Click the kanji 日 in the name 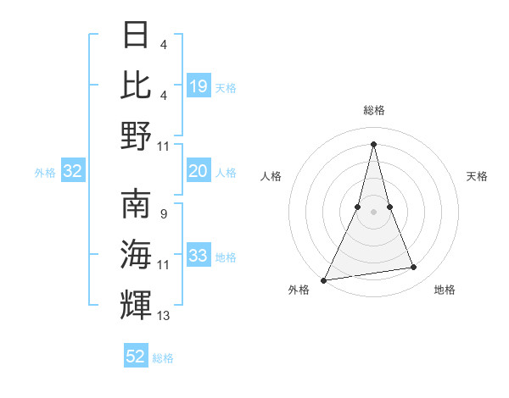click(137, 35)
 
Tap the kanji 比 click(137, 85)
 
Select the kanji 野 click(137, 135)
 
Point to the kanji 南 click(137, 204)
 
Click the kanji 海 click(137, 254)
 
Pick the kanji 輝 click(137, 304)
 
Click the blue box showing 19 click(199, 86)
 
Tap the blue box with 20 click(199, 171)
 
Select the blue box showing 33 click(199, 256)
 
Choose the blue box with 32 click(72, 171)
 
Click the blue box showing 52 click(136, 357)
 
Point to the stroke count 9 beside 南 click(163, 213)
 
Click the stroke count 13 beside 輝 click(164, 316)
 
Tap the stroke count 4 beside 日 click(163, 44)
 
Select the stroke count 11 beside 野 click(164, 146)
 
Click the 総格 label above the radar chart click(373, 110)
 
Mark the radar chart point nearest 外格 click(324, 279)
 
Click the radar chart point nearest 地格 click(414, 268)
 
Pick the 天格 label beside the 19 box click(226, 87)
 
